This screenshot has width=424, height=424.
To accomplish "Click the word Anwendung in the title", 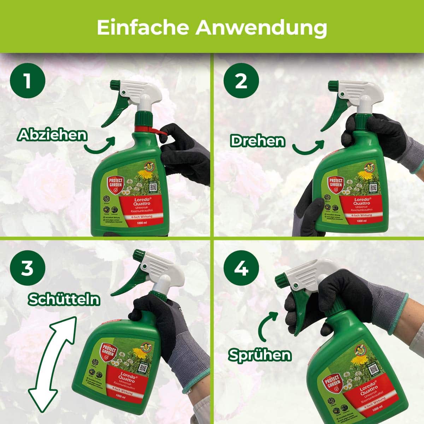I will (x=261, y=28).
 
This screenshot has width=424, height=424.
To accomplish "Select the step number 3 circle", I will (x=28, y=269).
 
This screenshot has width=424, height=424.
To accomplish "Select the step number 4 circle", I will (x=241, y=269).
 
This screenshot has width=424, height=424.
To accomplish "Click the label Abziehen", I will (x=52, y=135).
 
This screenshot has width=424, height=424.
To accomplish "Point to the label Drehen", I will (x=257, y=141).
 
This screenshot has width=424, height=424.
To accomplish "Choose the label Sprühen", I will (x=260, y=354).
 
